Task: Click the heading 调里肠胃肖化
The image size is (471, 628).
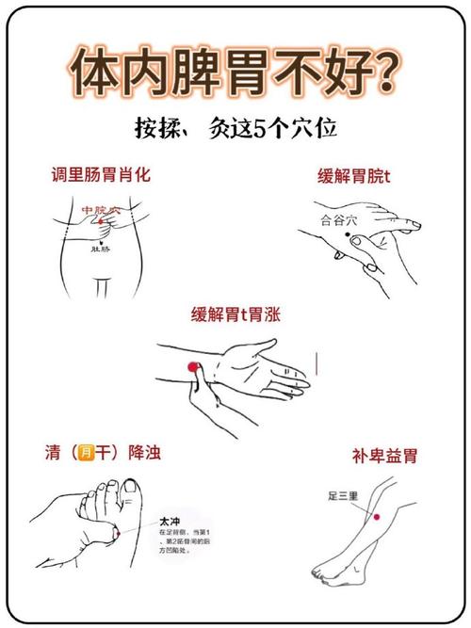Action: (x=101, y=175)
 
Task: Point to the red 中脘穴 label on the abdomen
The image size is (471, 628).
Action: (x=100, y=210)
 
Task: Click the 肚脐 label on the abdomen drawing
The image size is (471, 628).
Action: (x=102, y=250)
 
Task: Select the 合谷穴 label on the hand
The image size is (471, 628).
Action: (x=339, y=220)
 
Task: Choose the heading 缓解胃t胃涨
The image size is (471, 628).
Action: (x=235, y=314)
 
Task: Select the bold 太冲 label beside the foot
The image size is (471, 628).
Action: (x=171, y=520)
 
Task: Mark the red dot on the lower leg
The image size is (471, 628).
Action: (x=375, y=517)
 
